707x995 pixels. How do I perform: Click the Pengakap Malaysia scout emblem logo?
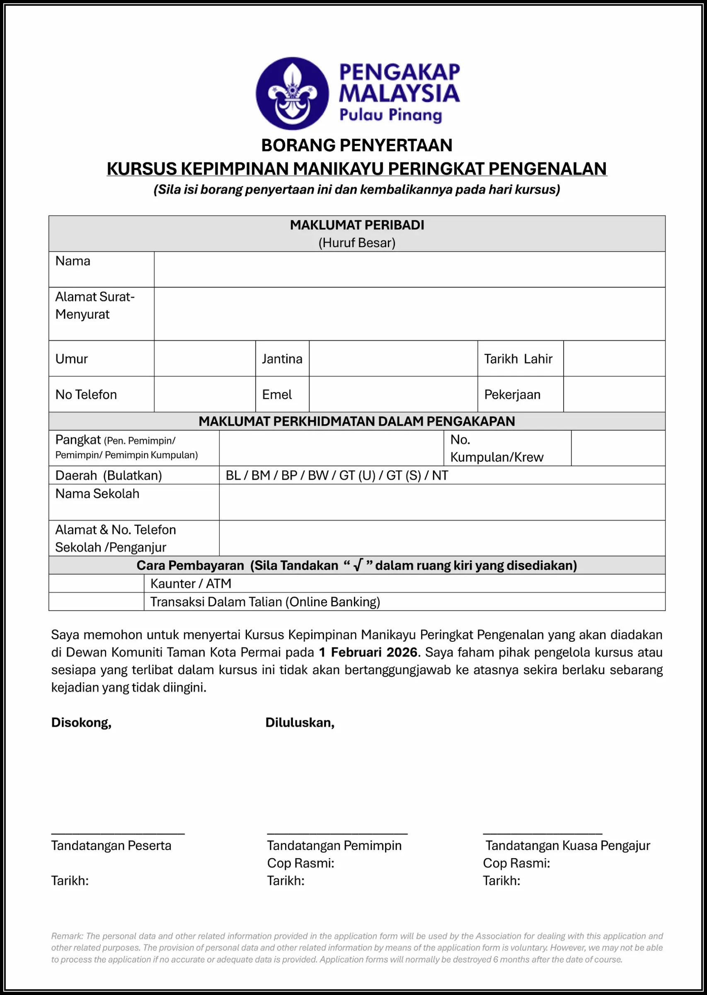(x=292, y=93)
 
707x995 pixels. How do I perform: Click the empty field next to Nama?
(x=409, y=269)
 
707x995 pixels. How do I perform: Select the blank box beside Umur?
(x=204, y=358)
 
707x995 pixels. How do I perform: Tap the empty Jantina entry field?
(x=393, y=358)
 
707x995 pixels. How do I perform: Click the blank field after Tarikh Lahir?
(x=614, y=358)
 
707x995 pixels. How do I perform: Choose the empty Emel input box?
(x=393, y=394)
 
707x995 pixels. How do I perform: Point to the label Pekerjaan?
(x=512, y=395)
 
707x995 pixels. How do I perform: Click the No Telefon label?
(x=86, y=395)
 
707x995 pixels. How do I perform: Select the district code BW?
(x=318, y=475)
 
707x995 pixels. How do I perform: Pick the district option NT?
(x=440, y=475)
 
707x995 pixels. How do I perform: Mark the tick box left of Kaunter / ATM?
(x=96, y=583)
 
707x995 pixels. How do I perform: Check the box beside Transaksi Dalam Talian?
(x=96, y=602)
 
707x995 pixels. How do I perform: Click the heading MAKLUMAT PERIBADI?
(x=357, y=225)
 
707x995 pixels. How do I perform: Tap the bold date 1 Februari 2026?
(x=368, y=652)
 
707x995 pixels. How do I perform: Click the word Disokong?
(x=81, y=722)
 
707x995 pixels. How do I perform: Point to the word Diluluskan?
(x=300, y=722)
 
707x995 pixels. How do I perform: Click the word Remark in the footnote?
(x=67, y=936)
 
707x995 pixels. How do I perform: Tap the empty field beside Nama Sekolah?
(x=442, y=502)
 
